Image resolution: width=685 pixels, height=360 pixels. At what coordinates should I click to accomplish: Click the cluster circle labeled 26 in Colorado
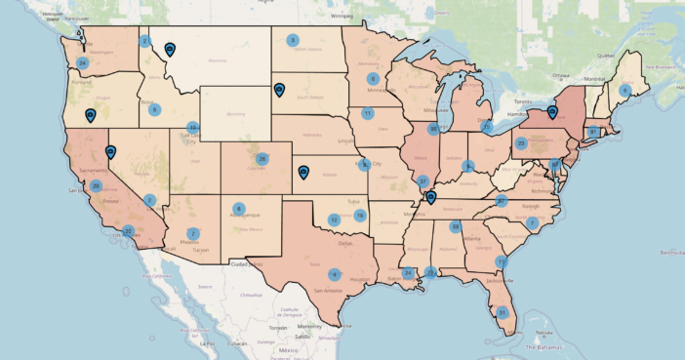(x=262, y=158)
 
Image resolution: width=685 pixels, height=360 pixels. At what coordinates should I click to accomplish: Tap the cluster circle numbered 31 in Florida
(x=503, y=313)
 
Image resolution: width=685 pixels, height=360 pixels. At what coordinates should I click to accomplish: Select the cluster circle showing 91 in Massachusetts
(x=592, y=131)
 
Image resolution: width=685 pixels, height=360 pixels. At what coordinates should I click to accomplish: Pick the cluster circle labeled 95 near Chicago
(x=433, y=128)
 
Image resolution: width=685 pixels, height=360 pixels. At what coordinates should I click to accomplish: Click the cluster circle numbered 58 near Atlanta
(x=456, y=226)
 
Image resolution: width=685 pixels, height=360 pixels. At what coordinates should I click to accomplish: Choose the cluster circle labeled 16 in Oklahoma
(x=360, y=215)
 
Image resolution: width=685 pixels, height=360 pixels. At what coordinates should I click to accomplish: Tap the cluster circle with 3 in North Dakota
(x=292, y=40)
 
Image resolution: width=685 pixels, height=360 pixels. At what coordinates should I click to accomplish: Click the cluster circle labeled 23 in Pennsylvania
(x=521, y=143)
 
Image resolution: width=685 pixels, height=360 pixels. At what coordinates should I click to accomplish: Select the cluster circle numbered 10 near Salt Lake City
(x=193, y=127)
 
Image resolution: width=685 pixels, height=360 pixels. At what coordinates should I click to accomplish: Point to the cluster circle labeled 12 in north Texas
(x=334, y=220)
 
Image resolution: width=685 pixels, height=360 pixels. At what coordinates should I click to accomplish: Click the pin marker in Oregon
(x=91, y=115)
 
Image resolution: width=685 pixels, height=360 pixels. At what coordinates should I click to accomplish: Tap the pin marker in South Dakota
(x=279, y=91)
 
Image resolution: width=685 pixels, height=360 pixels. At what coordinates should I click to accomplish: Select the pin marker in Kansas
(x=303, y=173)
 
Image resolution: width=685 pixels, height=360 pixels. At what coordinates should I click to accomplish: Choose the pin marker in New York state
(x=552, y=112)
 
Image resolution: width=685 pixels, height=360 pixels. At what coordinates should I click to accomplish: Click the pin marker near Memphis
(x=429, y=198)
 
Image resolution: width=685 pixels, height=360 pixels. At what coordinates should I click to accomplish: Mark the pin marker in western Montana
(x=171, y=48)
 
